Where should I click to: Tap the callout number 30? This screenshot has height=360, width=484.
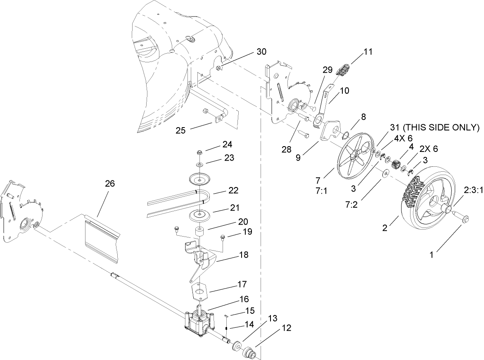click(x=261, y=52)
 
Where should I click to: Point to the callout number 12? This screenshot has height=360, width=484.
click(x=287, y=328)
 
